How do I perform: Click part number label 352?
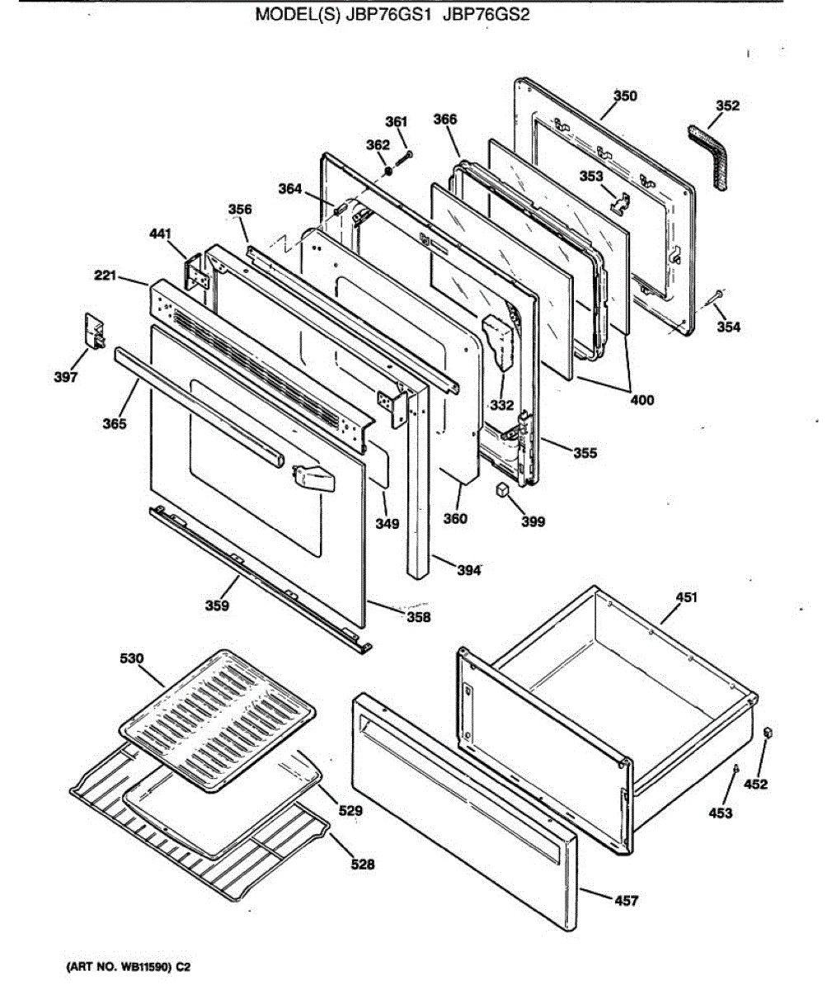[x=727, y=106]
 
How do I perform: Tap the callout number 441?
[x=161, y=235]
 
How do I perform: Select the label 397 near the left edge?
[x=66, y=377]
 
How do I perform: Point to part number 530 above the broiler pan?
[x=131, y=658]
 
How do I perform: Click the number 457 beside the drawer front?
[x=626, y=901]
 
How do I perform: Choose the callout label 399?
[x=533, y=521]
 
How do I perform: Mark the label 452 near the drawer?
[x=755, y=784]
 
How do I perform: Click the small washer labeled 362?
[x=386, y=171]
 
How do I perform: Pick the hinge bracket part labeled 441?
[x=196, y=272]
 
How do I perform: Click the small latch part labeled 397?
[x=95, y=330]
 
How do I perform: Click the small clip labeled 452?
[x=769, y=733]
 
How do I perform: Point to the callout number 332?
[x=501, y=405]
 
